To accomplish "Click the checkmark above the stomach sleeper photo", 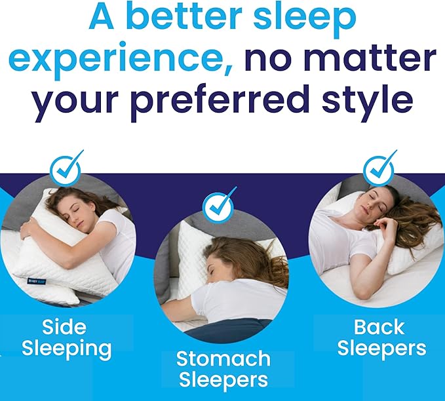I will (x=219, y=208).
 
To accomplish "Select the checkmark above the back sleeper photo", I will (x=379, y=168).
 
